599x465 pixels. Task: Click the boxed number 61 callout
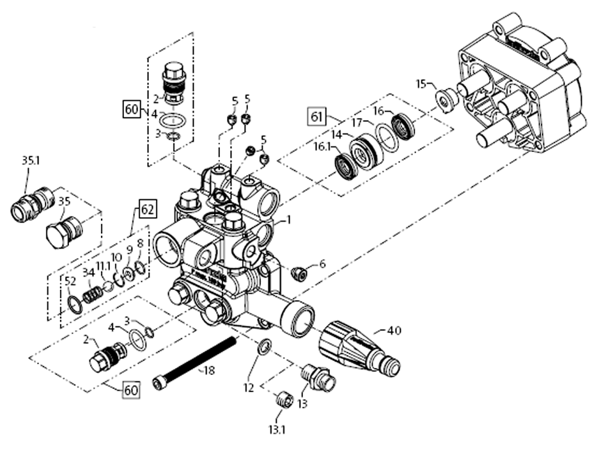click(x=316, y=117)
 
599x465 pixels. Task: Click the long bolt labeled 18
click(x=195, y=361)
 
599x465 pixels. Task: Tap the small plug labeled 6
click(x=298, y=274)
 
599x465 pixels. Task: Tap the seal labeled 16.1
click(x=346, y=168)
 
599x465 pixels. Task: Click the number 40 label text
click(x=394, y=331)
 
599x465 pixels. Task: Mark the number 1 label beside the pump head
click(x=288, y=219)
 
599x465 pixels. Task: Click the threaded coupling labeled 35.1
click(x=31, y=204)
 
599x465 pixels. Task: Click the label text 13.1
click(x=276, y=430)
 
